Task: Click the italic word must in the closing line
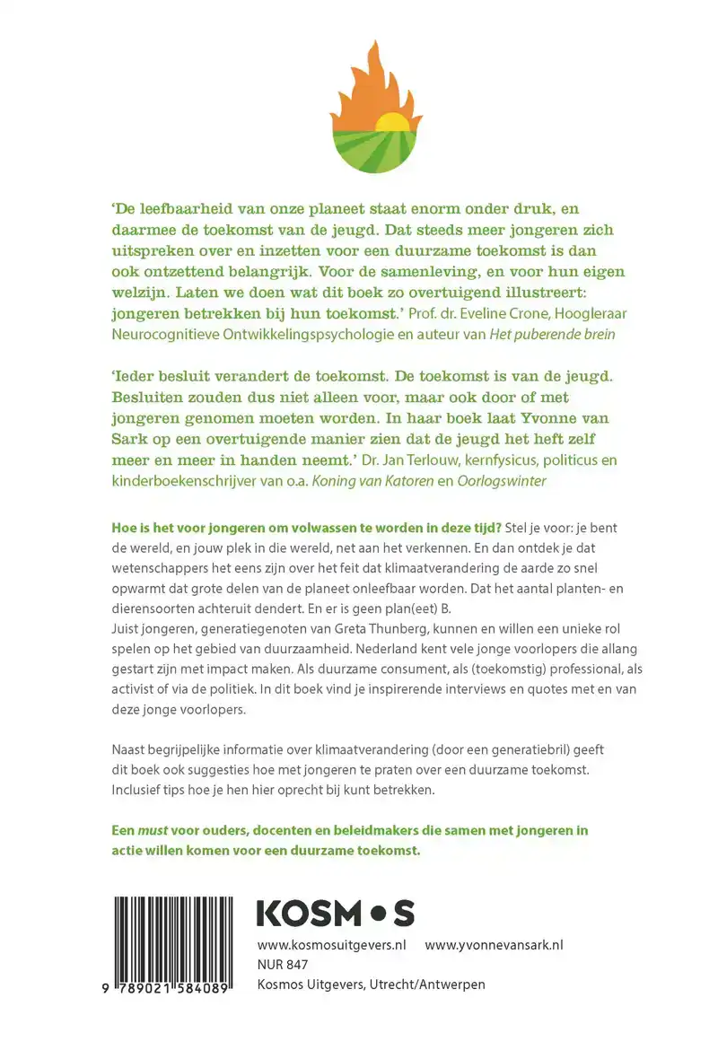pyautogui.click(x=155, y=830)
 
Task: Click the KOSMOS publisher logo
pyautogui.click(x=335, y=914)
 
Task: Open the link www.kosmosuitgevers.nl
pyautogui.click(x=332, y=945)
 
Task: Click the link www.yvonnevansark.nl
pyautogui.click(x=494, y=945)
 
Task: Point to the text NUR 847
pyautogui.click(x=283, y=965)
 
